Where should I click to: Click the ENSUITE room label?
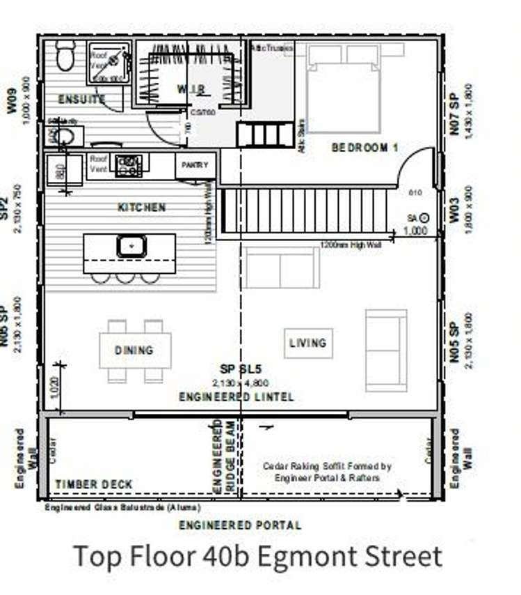click(x=82, y=99)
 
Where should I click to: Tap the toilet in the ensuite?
click(x=66, y=55)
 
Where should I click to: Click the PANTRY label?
click(x=195, y=166)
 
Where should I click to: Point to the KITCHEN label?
click(x=141, y=208)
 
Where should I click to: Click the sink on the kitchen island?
click(x=129, y=245)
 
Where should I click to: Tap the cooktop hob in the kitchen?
click(x=129, y=165)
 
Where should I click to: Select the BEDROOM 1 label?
click(x=364, y=147)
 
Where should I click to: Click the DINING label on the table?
click(x=134, y=350)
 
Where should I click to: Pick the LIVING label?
click(x=307, y=343)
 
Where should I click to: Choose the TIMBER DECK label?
click(x=94, y=484)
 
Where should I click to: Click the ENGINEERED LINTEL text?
click(x=237, y=397)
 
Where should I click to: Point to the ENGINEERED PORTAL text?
click(x=240, y=525)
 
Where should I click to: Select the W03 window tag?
click(x=454, y=208)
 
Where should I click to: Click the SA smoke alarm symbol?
click(x=424, y=217)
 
